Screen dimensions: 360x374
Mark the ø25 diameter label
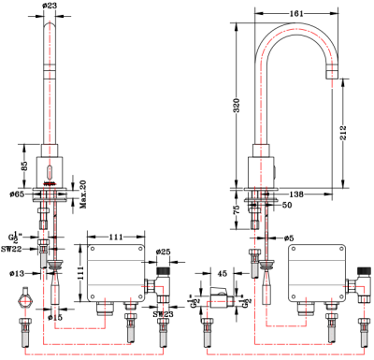click(x=164, y=252)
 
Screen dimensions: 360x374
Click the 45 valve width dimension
click(x=223, y=273)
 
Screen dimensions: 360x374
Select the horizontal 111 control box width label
click(x=117, y=238)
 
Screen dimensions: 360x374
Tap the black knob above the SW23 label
click(x=162, y=278)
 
